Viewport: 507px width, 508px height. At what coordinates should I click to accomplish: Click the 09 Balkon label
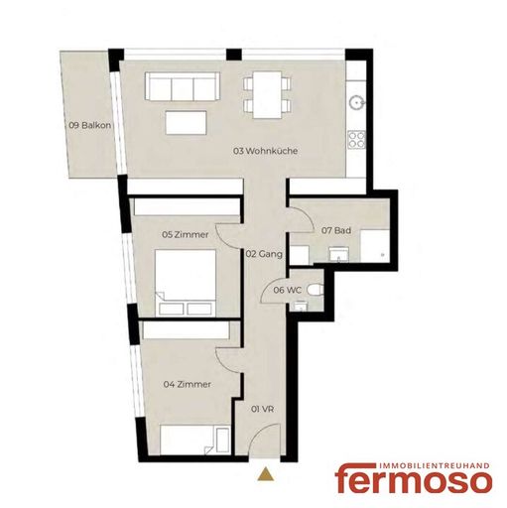point(89,125)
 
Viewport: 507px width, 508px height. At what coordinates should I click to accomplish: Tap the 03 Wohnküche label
point(265,151)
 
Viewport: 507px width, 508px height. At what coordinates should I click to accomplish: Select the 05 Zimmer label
point(186,234)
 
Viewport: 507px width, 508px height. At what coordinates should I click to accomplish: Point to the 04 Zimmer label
point(188,384)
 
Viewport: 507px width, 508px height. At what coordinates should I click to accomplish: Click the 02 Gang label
point(264,254)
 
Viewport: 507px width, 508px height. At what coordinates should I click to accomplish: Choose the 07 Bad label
point(336,230)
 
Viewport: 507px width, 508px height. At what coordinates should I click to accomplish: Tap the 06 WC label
point(287,290)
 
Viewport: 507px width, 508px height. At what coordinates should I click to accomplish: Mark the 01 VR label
point(263,409)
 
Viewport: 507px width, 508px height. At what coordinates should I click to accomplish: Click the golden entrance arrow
point(266,473)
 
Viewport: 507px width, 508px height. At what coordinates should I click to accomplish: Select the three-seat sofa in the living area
point(183,86)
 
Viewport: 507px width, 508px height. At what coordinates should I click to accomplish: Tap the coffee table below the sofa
point(187,122)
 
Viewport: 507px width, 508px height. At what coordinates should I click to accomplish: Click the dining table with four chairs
point(267,94)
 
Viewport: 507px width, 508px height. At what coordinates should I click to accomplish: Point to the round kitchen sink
point(357,102)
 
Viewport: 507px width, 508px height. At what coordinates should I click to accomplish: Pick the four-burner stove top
point(356,139)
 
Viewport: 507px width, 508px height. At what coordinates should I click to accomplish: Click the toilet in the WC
point(315,290)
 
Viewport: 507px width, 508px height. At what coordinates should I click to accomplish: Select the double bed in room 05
point(186,283)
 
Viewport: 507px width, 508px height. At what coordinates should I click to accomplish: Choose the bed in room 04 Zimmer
point(194,441)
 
